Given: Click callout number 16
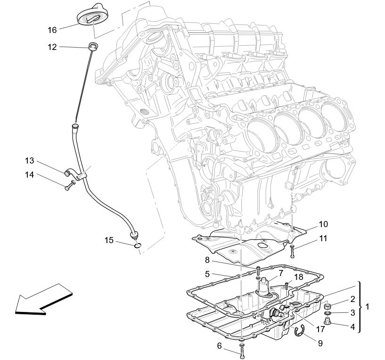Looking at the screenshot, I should click(52, 30).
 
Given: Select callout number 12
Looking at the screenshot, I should click(52, 47).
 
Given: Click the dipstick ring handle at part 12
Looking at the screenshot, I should click(93, 46).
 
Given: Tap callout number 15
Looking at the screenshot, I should click(109, 240).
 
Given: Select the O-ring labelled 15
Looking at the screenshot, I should click(137, 245).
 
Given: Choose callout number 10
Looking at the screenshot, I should click(323, 224).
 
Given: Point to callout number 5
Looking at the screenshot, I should click(207, 273).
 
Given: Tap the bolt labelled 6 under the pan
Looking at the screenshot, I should click(242, 349).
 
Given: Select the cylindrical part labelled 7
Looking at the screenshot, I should click(265, 286).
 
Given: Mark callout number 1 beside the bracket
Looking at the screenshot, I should click(368, 307).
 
